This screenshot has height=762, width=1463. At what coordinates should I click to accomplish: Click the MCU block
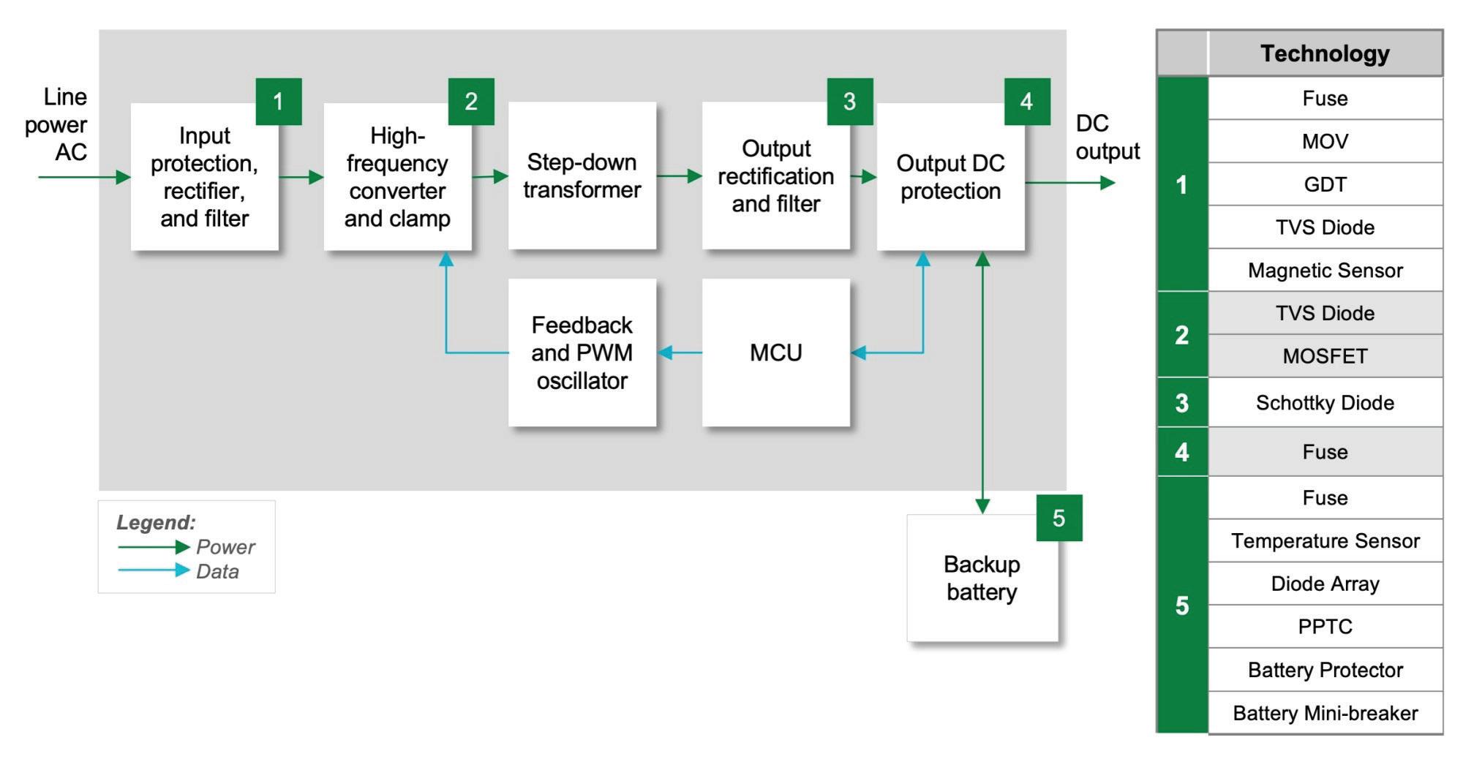pos(775,352)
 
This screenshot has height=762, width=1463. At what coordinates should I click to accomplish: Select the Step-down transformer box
pos(582,176)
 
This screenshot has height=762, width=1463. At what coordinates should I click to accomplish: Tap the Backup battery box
pos(982,578)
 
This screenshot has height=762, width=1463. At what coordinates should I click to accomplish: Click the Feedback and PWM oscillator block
pos(582,352)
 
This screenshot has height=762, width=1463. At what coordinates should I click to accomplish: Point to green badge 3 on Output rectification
pos(849,101)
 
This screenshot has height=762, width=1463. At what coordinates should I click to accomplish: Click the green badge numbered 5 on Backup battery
pos(1058,518)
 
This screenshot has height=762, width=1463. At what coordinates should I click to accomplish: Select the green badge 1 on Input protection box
pos(278,101)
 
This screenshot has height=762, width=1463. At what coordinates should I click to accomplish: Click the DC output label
pos(1107,137)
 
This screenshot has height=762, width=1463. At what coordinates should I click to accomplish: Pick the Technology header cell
pos(1325,53)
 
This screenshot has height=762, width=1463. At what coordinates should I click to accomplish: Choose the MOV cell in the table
pos(1325,141)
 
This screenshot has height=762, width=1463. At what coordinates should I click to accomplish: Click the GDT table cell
pos(1325,184)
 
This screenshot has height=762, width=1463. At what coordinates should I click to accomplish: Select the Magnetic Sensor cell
pos(1325,271)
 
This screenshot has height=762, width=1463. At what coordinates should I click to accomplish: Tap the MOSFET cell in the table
pos(1325,356)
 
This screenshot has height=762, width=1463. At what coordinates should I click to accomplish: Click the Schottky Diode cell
pos(1325,403)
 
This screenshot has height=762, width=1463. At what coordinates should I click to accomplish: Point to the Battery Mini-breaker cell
pos(1325,713)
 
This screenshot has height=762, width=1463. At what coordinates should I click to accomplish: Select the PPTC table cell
pos(1325,627)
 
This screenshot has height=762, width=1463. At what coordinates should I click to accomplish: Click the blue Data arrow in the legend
pos(154,570)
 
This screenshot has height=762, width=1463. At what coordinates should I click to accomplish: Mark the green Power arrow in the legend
pos(154,546)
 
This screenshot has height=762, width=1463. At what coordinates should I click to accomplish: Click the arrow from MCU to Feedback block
pos(680,353)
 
